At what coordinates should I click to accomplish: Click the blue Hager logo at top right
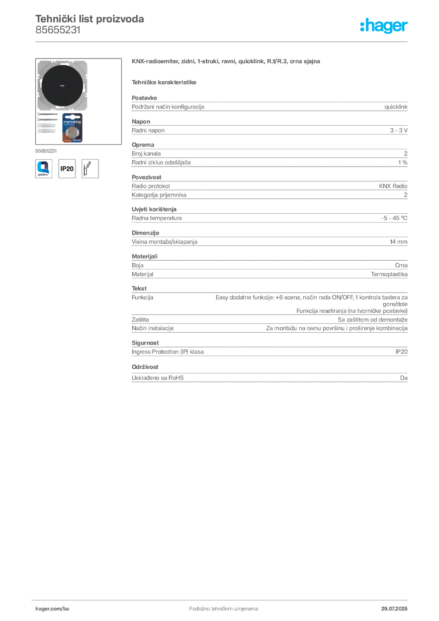pos(384,27)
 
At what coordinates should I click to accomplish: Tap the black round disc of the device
pos(64,86)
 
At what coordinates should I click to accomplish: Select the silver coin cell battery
pos(73,133)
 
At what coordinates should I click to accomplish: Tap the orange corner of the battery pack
pos(62,139)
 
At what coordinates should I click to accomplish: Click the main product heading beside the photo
pos(227,63)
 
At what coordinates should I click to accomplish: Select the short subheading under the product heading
pos(165,82)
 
